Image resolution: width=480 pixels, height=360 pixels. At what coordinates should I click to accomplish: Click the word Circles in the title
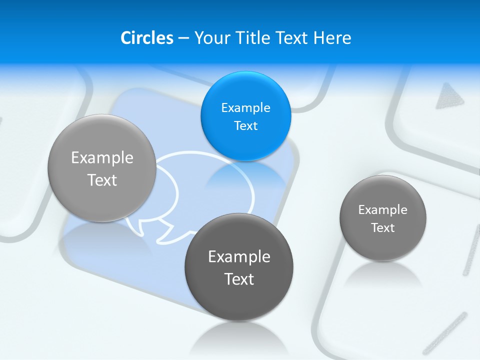click(146, 38)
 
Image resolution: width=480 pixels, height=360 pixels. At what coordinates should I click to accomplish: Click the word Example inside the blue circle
click(245, 108)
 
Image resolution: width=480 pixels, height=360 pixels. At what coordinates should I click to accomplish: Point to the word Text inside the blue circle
click(245, 126)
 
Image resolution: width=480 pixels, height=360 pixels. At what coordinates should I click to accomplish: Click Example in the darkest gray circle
click(239, 257)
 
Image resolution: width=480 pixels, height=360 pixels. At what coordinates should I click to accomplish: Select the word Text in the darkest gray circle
click(239, 279)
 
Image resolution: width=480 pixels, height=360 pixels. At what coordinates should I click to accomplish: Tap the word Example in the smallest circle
click(383, 210)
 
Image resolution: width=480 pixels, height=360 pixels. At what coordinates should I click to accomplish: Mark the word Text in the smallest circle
click(383, 228)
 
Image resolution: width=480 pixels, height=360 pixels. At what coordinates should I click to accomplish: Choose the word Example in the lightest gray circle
click(102, 158)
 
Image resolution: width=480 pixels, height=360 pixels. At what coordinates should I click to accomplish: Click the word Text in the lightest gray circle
click(102, 180)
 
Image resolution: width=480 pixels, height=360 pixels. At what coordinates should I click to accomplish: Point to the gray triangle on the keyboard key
click(449, 96)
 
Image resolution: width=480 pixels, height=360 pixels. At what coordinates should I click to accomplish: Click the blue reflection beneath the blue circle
click(245, 175)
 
